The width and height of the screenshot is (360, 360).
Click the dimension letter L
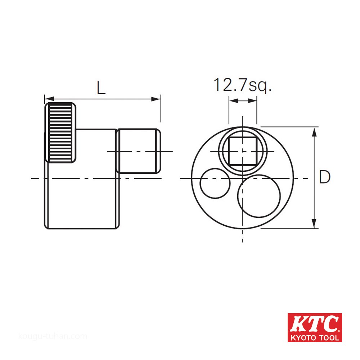[x=101, y=87]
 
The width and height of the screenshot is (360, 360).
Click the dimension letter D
[x=325, y=177]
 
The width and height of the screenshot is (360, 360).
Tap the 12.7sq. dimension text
[x=242, y=85]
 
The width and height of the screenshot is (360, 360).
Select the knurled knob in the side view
[x=60, y=132]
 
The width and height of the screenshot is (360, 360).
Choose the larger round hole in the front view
[x=259, y=196]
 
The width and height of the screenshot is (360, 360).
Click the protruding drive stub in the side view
[x=139, y=151]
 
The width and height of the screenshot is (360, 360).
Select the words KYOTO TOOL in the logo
[x=315, y=338]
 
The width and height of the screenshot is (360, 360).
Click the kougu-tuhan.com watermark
[x=53, y=337]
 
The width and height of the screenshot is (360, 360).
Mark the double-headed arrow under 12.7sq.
[x=243, y=102]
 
